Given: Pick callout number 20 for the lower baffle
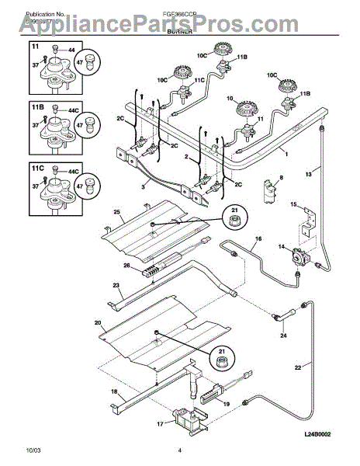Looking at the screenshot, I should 98,321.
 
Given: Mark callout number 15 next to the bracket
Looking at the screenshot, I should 293,204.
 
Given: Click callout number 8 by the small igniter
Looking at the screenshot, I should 280,179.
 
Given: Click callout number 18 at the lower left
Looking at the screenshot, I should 115,391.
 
